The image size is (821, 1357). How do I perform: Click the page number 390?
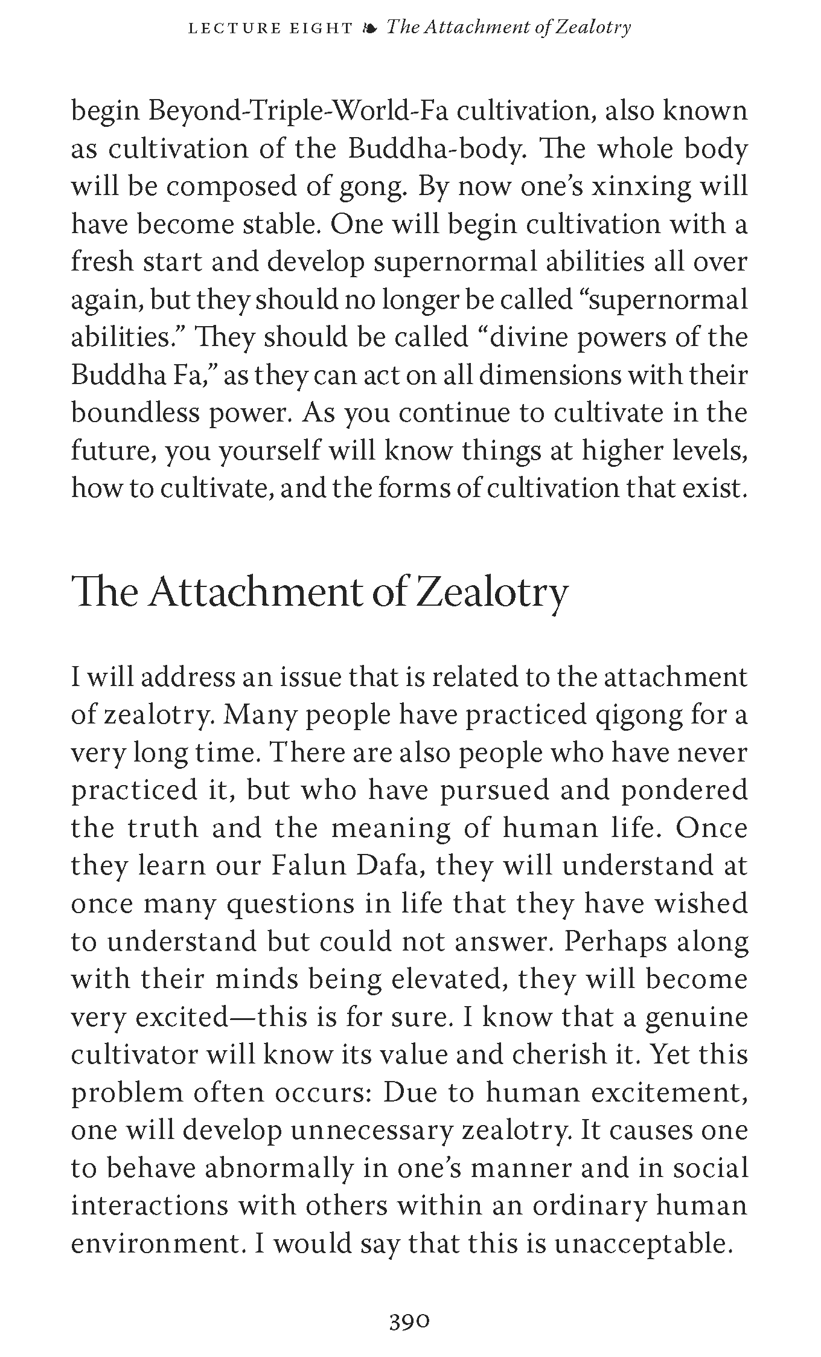[409, 1304]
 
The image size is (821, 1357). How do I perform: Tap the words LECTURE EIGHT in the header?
[270, 28]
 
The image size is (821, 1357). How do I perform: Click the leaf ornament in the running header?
[370, 28]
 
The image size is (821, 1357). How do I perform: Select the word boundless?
[135, 413]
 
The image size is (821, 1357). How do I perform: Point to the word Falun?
[308, 866]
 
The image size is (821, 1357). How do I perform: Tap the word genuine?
[697, 1018]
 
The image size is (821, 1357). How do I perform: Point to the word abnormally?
[278, 1169]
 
